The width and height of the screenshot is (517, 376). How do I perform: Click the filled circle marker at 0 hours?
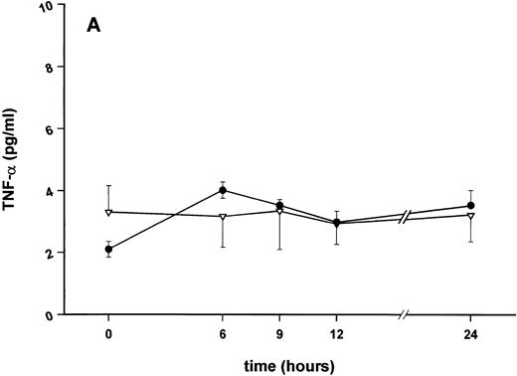click(x=108, y=250)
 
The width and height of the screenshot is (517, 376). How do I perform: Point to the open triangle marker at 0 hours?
click(x=108, y=212)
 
